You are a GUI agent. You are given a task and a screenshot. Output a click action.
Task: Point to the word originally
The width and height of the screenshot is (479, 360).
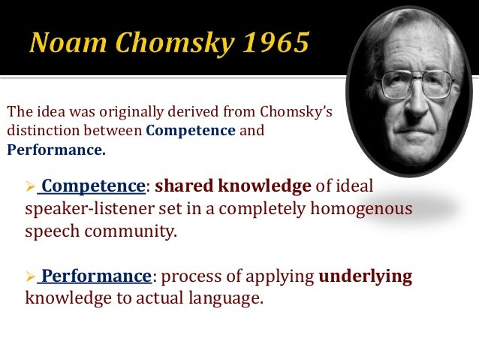[103, 113]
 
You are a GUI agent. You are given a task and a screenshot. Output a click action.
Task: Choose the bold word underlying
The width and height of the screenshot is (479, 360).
[366, 276]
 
